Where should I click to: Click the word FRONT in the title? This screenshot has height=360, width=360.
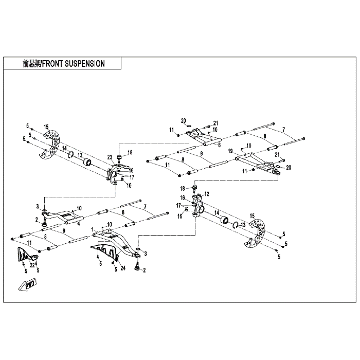[52, 64]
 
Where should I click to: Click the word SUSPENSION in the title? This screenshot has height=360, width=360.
[85, 64]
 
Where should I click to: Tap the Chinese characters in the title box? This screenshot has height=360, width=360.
[31, 64]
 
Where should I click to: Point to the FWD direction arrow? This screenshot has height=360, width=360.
[27, 285]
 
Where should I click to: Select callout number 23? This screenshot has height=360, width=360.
[110, 157]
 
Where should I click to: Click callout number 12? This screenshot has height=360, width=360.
[207, 194]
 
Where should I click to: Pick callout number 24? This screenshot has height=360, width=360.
[123, 268]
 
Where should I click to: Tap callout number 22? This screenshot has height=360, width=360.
[32, 265]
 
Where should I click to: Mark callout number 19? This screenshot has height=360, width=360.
[230, 151]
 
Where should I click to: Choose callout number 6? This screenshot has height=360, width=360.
[219, 145]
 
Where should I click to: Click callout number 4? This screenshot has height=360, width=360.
[79, 224]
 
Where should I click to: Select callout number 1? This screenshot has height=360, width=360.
[92, 229]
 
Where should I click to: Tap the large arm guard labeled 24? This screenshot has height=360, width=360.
[105, 251]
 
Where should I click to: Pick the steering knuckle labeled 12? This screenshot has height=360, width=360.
[197, 206]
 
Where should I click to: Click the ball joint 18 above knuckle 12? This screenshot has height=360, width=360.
[195, 188]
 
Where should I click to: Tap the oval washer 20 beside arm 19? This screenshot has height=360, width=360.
[277, 166]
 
